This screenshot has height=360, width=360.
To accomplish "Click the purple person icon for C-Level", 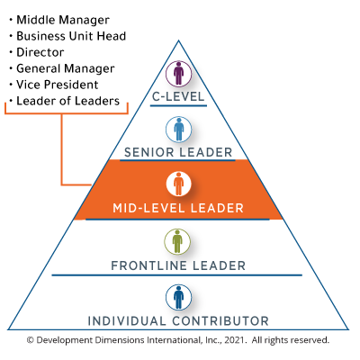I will click(x=178, y=73).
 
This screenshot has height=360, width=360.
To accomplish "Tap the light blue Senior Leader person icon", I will click(x=178, y=129).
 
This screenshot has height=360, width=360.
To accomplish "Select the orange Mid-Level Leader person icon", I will click(x=178, y=184).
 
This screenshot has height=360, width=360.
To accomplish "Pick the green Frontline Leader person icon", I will click(x=178, y=241).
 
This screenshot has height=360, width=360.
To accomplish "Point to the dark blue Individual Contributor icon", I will click(x=178, y=297).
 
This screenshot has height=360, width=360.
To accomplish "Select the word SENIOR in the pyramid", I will click(x=150, y=152).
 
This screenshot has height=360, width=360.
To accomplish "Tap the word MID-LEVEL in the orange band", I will click(x=145, y=208).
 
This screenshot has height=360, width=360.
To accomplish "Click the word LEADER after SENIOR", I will click(x=206, y=152).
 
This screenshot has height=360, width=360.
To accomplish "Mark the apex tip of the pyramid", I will click(x=178, y=40).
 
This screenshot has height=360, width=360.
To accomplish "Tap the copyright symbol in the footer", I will click(x=31, y=341).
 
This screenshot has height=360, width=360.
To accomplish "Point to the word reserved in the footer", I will click(x=309, y=341).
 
